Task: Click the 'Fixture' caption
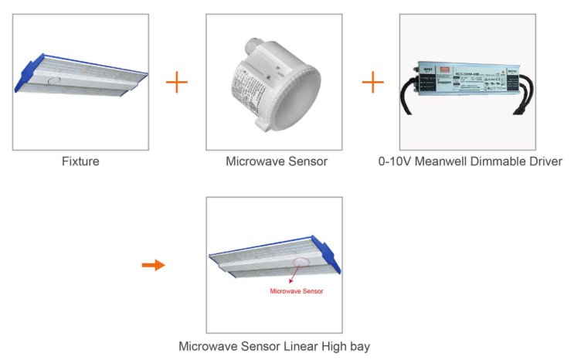(x=81, y=161)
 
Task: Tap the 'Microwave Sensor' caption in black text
(x=277, y=161)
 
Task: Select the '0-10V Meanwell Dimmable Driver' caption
(x=470, y=161)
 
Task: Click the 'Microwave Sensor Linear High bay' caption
(x=274, y=346)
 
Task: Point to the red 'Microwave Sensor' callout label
(x=296, y=291)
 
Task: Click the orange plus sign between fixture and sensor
(x=177, y=82)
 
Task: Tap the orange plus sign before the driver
(x=372, y=82)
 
